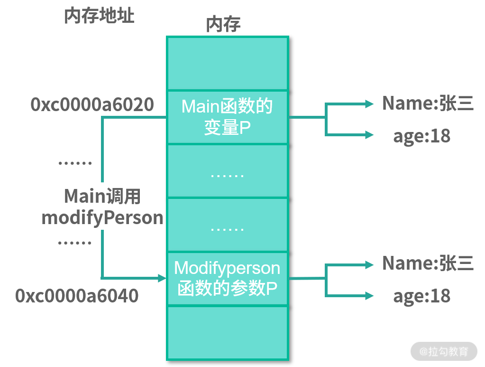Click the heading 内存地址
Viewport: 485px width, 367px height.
(x=99, y=16)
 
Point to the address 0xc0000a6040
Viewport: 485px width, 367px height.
(x=77, y=296)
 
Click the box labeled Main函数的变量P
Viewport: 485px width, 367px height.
(x=227, y=117)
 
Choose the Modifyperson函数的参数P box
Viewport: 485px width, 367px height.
(x=227, y=278)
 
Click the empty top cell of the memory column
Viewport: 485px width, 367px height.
(x=227, y=63)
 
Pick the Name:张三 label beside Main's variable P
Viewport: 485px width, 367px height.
(x=428, y=104)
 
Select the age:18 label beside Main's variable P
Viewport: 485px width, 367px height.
(x=421, y=136)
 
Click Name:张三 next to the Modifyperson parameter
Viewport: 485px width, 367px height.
(x=428, y=263)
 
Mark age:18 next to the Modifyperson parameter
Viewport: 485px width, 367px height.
(x=421, y=296)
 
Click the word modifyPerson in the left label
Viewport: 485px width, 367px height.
(x=102, y=218)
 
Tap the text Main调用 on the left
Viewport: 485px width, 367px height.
(x=102, y=196)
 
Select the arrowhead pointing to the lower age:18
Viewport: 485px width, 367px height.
(x=370, y=296)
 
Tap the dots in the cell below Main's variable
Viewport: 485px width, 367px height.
(x=227, y=175)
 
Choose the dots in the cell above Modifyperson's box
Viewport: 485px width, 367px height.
(x=227, y=229)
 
